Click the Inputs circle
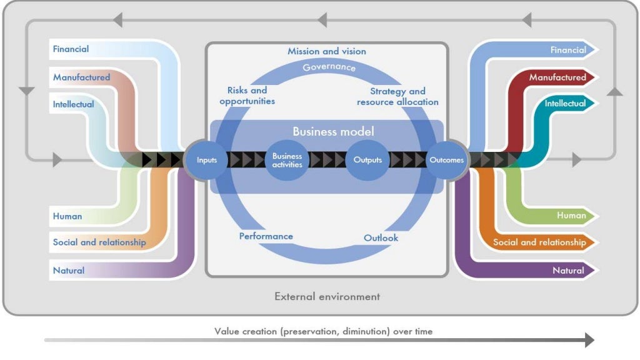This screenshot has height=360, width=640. click(x=206, y=160)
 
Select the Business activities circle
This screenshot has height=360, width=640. click(x=287, y=160)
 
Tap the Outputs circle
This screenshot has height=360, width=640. click(x=367, y=160)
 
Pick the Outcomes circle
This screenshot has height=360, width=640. click(x=446, y=160)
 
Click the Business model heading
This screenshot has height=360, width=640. click(x=333, y=131)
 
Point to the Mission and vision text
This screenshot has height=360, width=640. click(x=326, y=51)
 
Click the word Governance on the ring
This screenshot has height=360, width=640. click(x=329, y=67)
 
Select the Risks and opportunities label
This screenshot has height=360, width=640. click(x=247, y=96)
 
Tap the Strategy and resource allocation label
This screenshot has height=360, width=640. click(x=397, y=96)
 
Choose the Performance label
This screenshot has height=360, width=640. click(x=266, y=236)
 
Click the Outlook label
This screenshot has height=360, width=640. click(x=381, y=237)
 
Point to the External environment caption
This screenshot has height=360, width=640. click(x=327, y=296)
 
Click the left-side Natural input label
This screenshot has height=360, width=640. click(x=69, y=270)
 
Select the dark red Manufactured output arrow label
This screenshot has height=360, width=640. click(x=557, y=77)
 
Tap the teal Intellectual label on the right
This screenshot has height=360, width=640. click(x=565, y=103)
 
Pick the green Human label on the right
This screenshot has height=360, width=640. click(x=571, y=216)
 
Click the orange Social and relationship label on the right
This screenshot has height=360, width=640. click(x=539, y=242)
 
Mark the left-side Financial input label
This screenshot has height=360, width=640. click(x=71, y=49)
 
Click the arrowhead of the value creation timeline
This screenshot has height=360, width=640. click(x=590, y=339)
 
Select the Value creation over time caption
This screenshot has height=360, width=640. click(x=323, y=331)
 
